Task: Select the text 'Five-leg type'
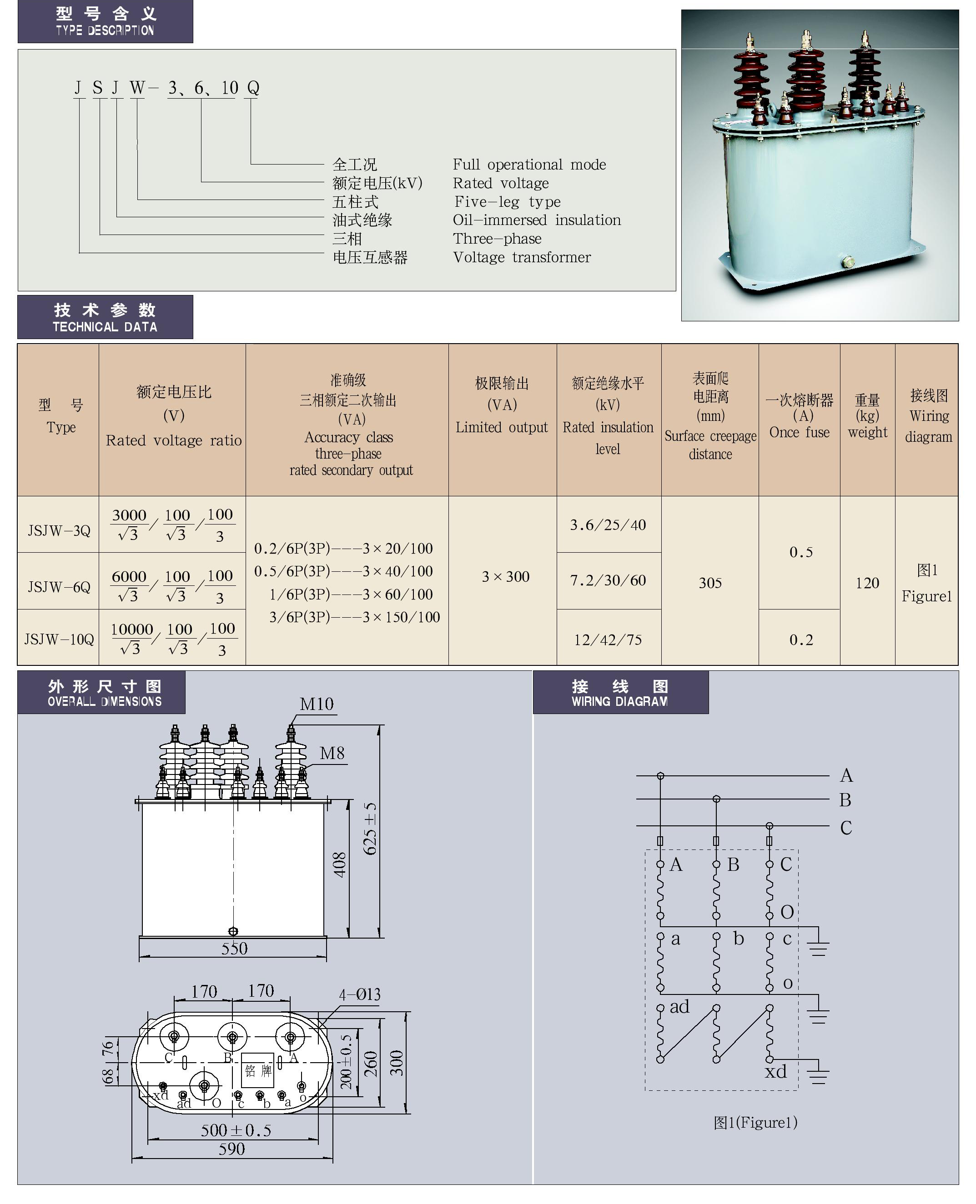click(507, 202)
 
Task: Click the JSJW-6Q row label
click(59, 587)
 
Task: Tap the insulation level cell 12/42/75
click(608, 640)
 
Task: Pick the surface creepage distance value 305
click(710, 583)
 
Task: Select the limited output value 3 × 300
click(505, 576)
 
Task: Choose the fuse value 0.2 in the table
click(800, 640)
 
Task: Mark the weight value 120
click(867, 583)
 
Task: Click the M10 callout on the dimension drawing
click(317, 704)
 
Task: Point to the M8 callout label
click(332, 754)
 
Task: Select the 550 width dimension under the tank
click(234, 949)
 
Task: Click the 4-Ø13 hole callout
click(360, 994)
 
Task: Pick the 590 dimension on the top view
click(231, 1149)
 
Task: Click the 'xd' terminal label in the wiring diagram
click(776, 1071)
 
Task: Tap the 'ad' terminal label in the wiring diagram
click(679, 1006)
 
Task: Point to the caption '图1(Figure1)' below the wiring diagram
click(755, 1123)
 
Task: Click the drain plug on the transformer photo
click(847, 261)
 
